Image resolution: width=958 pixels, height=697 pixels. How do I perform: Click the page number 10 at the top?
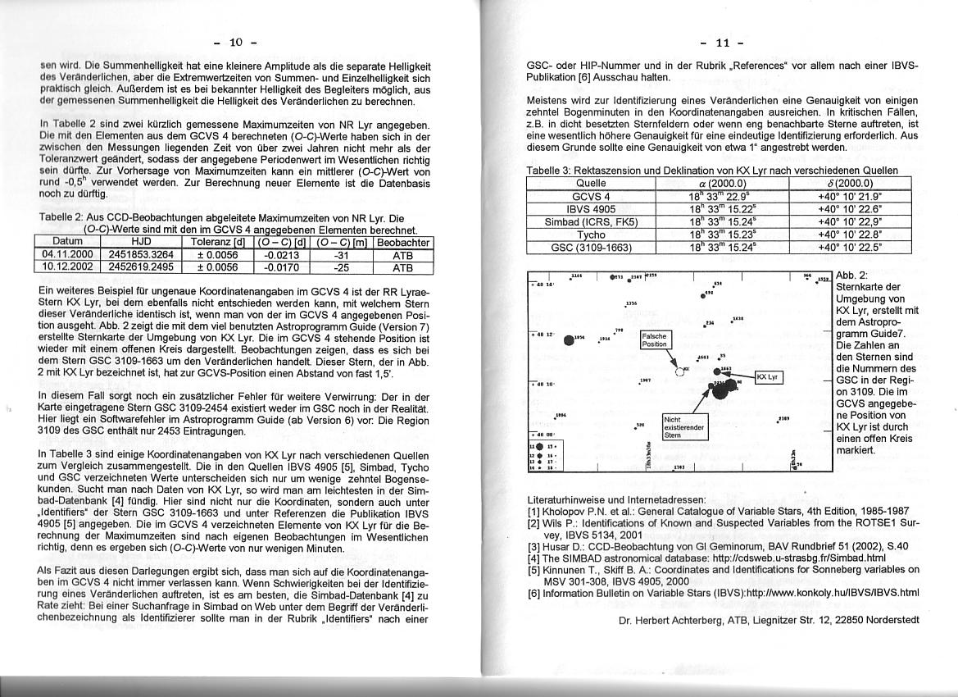pyautogui.click(x=236, y=42)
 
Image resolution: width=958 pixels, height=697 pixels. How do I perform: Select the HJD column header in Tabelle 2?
pyautogui.click(x=142, y=243)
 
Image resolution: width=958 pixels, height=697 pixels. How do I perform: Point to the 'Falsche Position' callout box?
pyautogui.click(x=655, y=340)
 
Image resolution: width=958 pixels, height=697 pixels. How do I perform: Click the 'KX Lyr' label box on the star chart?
pyautogui.click(x=770, y=377)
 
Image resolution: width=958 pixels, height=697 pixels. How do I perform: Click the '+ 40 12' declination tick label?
pyautogui.click(x=543, y=335)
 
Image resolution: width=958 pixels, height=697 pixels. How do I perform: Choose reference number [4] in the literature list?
pyautogui.click(x=533, y=558)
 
